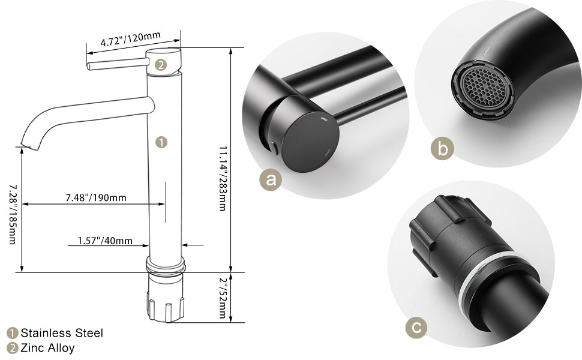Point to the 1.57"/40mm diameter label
105,241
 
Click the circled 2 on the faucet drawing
161,65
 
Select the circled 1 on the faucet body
161,142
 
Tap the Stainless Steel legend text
62,333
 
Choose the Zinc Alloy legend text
48,348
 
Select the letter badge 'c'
417,327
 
